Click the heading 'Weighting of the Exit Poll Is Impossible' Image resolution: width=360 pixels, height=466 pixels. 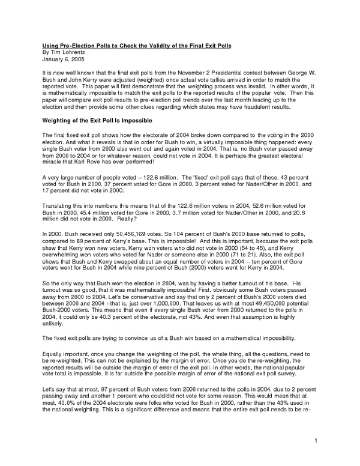pos(100,120)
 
